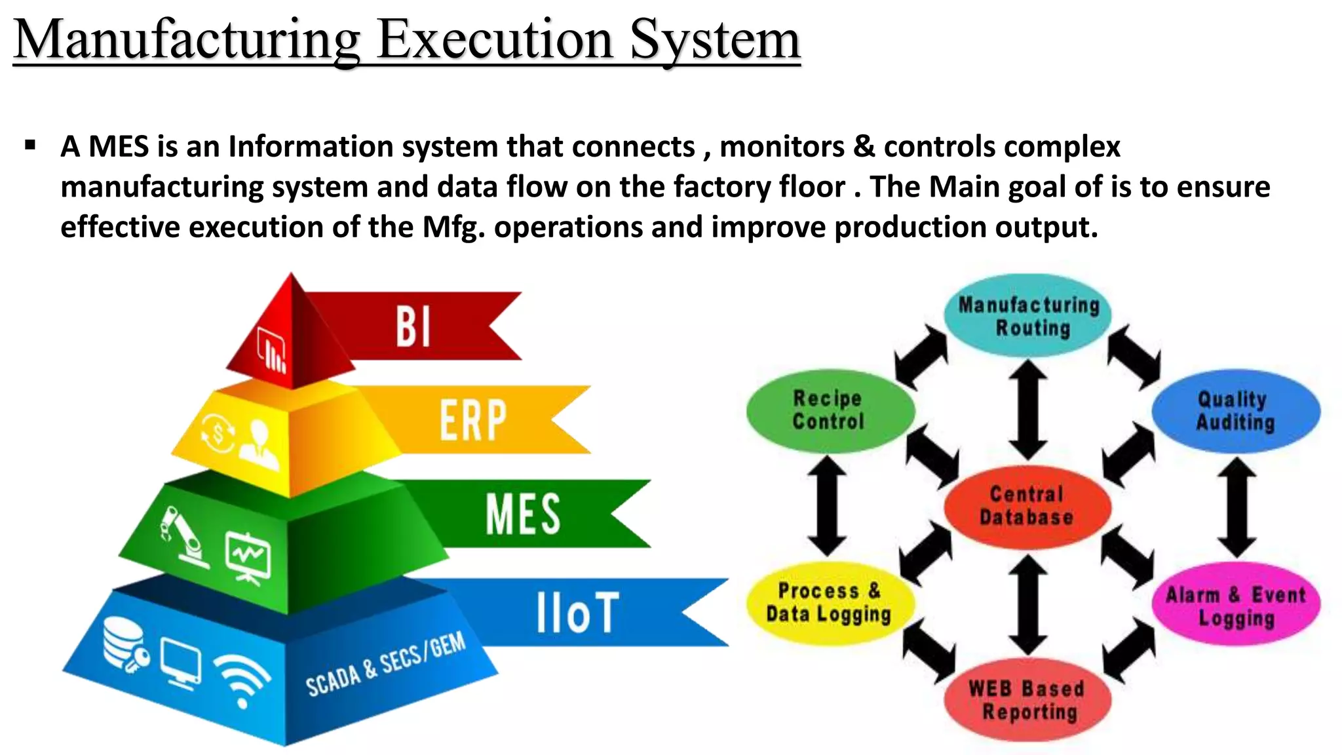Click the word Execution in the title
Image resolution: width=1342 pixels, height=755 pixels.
(495, 41)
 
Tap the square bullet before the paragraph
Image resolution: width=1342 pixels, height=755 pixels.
(30, 145)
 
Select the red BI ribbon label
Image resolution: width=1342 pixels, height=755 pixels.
(413, 326)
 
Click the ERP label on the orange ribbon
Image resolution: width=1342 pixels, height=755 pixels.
(472, 420)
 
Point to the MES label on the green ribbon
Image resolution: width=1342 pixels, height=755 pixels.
(522, 514)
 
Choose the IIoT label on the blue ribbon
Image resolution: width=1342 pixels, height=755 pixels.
(577, 613)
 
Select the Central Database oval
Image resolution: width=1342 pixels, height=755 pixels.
(1027, 506)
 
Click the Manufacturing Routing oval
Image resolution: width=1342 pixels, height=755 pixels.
(1028, 316)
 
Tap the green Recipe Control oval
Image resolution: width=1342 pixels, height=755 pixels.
(829, 410)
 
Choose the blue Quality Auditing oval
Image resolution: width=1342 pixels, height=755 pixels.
(1235, 411)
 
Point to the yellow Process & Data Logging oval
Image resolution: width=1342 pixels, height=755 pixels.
(829, 603)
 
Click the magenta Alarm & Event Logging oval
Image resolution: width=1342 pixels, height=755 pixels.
(1236, 606)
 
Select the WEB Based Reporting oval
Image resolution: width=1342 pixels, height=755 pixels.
(1027, 700)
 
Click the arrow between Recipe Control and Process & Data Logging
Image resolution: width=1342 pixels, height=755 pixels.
(828, 506)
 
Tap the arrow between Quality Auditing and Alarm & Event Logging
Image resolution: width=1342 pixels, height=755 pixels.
(1237, 507)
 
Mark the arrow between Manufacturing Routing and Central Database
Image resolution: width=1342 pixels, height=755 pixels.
(1027, 410)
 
